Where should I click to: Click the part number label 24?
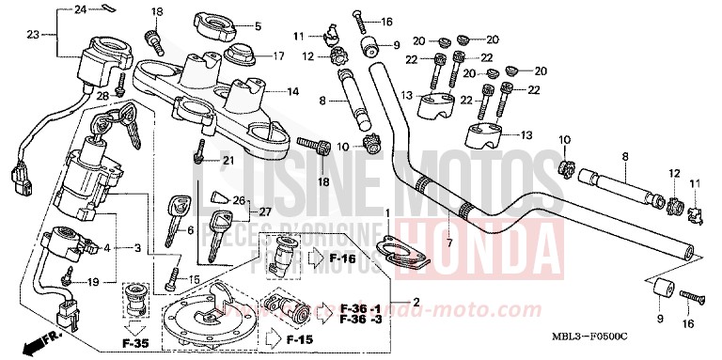point(80,9)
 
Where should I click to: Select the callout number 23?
point(33,35)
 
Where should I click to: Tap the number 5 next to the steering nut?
point(259,25)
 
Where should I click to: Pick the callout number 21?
point(227,161)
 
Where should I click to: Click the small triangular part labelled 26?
point(220,197)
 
